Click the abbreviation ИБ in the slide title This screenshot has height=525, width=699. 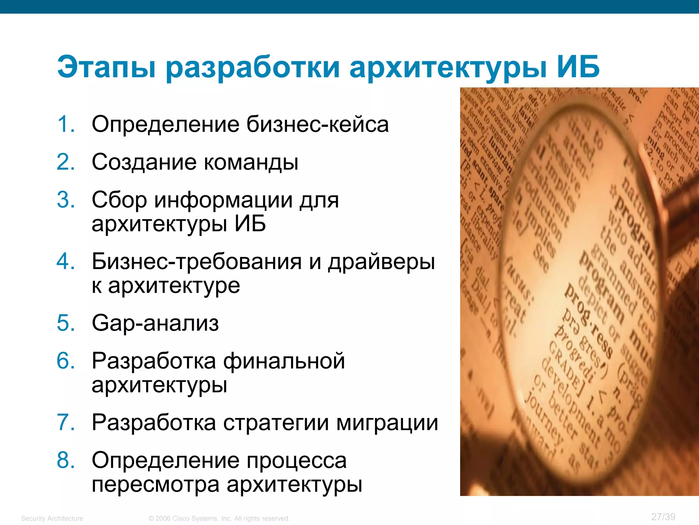tap(578, 67)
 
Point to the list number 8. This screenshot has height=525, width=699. tap(66, 460)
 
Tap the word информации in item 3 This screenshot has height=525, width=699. tap(224, 200)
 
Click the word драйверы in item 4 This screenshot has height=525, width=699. tap(381, 262)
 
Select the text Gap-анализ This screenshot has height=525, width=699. tap(155, 323)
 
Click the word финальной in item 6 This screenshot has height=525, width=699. tap(284, 361)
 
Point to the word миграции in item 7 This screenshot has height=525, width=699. tap(387, 423)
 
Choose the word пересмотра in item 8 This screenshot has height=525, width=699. tap(156, 485)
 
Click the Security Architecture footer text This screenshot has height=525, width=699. tap(52, 519)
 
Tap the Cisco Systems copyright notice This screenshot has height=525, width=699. tap(219, 519)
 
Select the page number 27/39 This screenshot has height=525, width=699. tap(663, 517)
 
